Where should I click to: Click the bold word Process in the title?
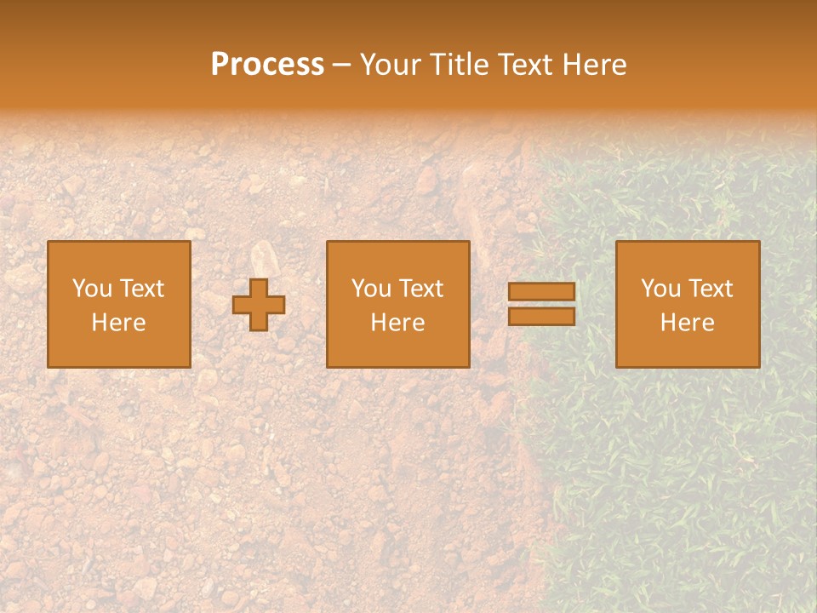click(x=267, y=65)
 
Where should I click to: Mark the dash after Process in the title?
click(x=342, y=66)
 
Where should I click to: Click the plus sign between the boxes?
click(x=259, y=305)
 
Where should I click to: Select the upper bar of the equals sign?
click(x=541, y=292)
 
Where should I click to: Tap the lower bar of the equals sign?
click(x=541, y=317)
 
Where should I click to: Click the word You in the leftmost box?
click(x=93, y=289)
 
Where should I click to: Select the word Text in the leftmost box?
click(x=141, y=289)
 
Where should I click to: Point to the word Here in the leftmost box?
click(x=119, y=323)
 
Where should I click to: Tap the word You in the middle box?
click(x=372, y=289)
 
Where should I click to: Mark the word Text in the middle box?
click(x=420, y=289)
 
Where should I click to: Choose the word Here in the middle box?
click(x=398, y=323)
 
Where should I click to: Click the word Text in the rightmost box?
click(x=710, y=289)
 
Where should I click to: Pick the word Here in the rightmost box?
click(x=688, y=323)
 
